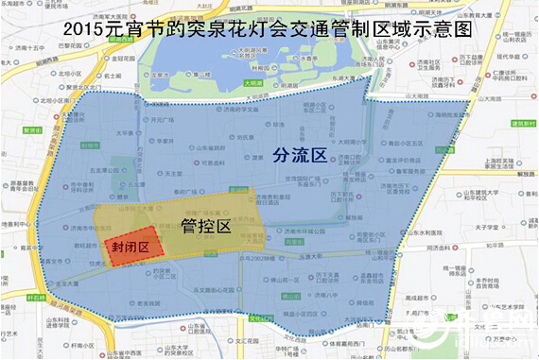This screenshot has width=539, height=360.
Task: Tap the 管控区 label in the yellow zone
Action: pyautogui.click(x=205, y=228)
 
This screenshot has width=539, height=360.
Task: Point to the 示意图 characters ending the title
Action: pyautogui.click(x=444, y=31)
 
